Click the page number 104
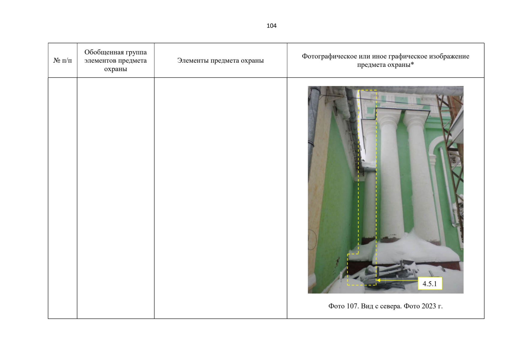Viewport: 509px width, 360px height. (x=271, y=26)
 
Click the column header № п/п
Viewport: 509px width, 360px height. (x=62, y=61)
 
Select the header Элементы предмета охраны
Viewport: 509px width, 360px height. (x=220, y=61)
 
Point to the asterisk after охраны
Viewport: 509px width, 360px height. (x=412, y=64)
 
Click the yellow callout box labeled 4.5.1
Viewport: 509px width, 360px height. (x=430, y=283)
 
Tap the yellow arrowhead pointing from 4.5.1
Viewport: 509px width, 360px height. (x=379, y=280)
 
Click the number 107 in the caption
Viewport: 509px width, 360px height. (x=352, y=306)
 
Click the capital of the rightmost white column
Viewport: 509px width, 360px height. (x=417, y=119)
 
